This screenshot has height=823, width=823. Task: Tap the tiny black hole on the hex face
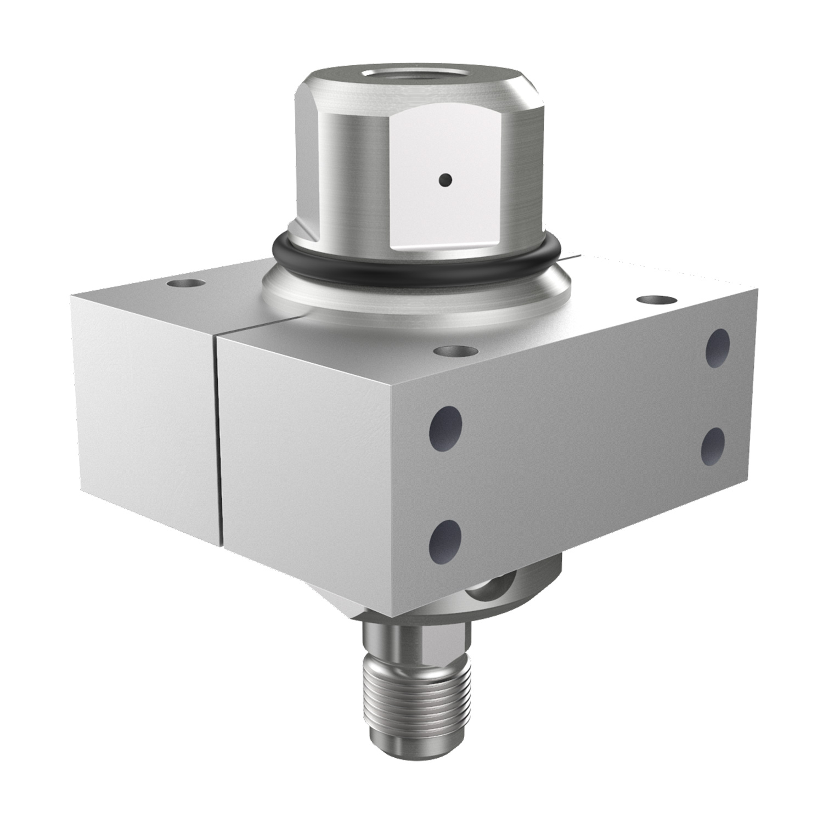click(x=446, y=179)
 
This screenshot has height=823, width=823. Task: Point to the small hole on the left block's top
click(x=187, y=284)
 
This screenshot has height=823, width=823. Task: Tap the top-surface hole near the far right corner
click(x=656, y=300)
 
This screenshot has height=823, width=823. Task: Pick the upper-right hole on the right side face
click(x=718, y=347)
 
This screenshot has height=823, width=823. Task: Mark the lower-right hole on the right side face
click(x=713, y=446)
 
